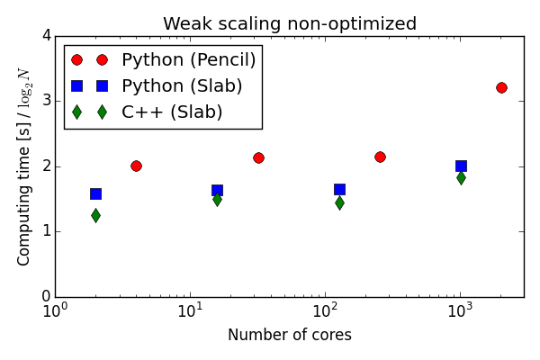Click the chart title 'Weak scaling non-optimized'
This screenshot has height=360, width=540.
290,24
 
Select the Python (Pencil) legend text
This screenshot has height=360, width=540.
189,60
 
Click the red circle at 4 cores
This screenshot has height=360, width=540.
136,166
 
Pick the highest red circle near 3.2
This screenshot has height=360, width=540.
501,87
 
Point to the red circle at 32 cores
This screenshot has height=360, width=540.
258,157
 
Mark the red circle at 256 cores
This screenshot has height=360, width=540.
380,157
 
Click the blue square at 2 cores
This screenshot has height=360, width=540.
95,193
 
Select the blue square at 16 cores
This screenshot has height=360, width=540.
217,190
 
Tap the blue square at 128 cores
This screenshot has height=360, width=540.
339,189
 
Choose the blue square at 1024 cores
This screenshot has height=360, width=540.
461,166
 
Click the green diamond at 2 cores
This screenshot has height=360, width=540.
95,215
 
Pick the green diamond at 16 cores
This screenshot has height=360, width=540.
217,199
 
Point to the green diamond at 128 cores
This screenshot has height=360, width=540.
339,202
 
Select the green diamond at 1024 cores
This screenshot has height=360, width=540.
461,177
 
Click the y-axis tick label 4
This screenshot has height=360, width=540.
44,36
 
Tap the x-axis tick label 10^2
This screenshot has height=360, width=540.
325,311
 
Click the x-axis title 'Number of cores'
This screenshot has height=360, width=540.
290,336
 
